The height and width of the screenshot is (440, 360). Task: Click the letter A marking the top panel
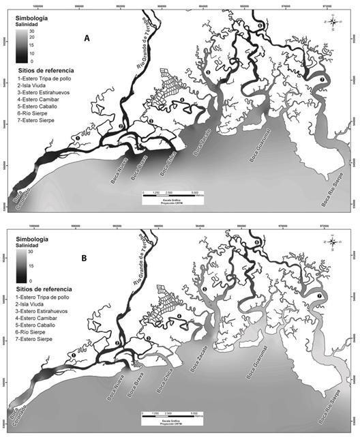[87, 40]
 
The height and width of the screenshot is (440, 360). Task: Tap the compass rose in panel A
[333, 22]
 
